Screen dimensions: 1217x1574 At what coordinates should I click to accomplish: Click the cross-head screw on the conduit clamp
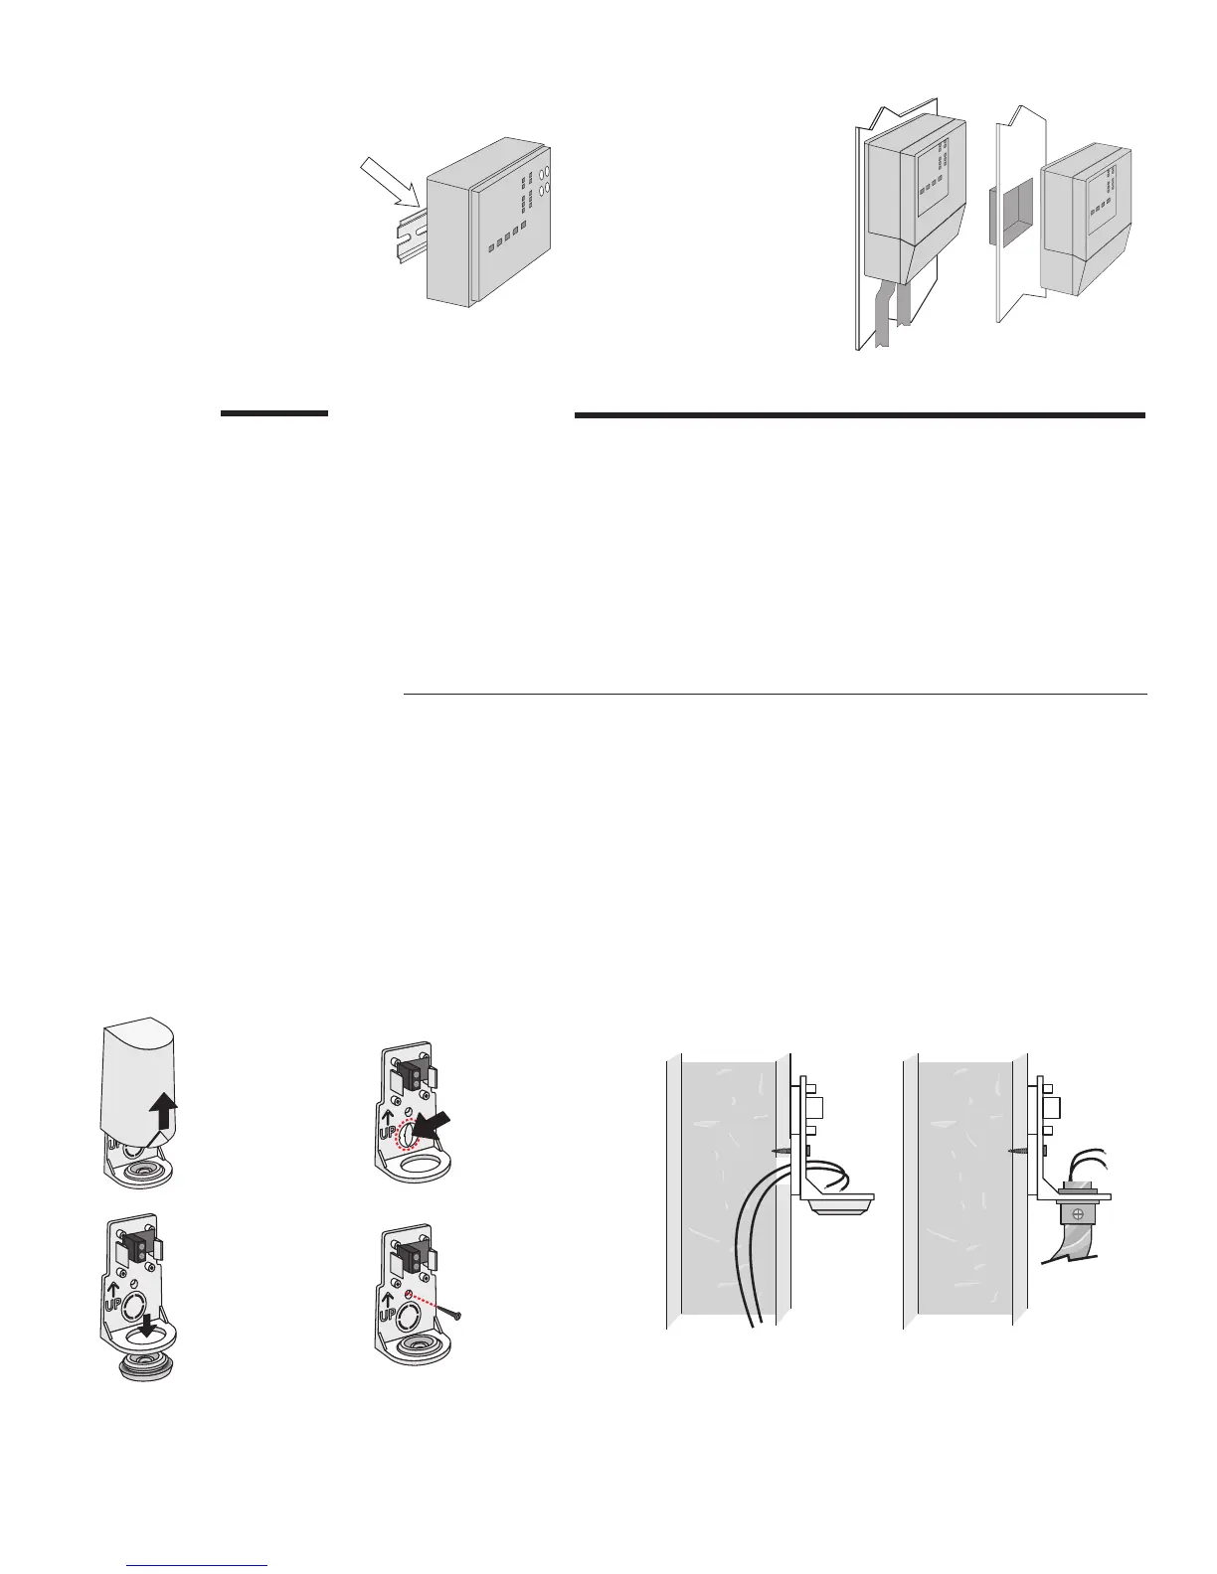1076,1215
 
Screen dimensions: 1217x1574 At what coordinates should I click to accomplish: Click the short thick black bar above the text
273,413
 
